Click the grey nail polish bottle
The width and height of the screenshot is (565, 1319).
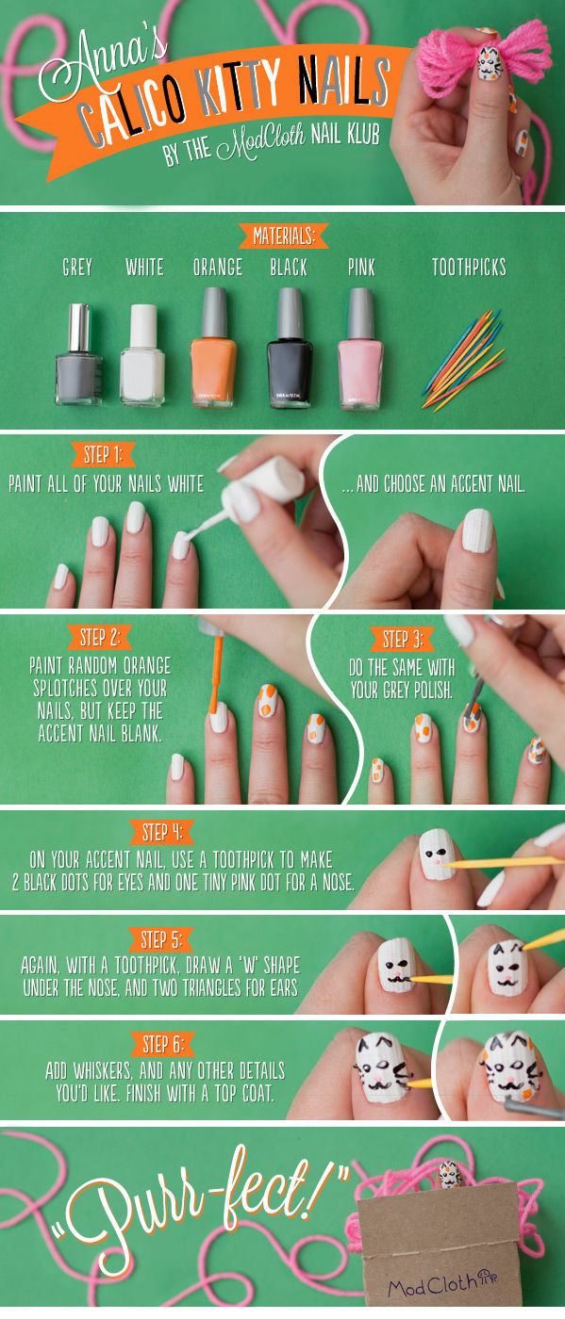(79, 354)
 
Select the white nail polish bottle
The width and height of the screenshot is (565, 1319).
(142, 355)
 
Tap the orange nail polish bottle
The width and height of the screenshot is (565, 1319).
(214, 348)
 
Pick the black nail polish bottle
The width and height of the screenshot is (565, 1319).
(290, 348)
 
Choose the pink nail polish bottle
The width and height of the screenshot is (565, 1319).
(360, 349)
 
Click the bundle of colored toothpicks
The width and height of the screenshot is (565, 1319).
(464, 360)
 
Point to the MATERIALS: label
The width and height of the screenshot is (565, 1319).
(284, 236)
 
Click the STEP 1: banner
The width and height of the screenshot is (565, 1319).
(103, 455)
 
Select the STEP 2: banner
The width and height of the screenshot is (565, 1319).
(100, 637)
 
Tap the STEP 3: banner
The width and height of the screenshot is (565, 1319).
(403, 639)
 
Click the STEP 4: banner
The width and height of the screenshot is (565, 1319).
(162, 833)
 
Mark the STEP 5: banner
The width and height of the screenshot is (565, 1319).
(161, 940)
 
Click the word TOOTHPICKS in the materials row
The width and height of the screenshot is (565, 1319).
(469, 268)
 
